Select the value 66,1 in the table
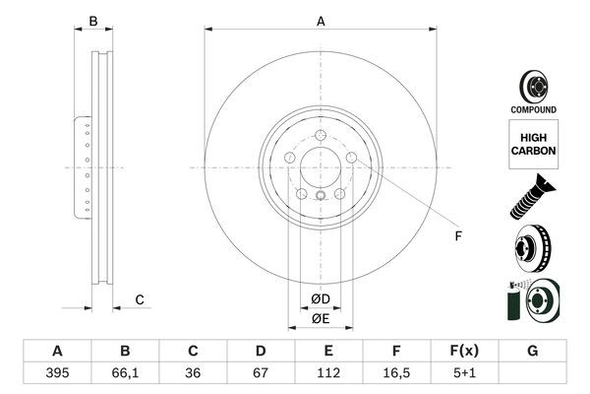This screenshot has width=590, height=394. tap(125, 373)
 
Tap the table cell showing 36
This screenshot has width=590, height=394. tap(193, 373)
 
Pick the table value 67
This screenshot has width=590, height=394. tap(261, 373)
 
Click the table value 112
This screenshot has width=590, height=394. tap(328, 373)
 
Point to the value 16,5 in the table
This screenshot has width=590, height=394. tap(396, 373)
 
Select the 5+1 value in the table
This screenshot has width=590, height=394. tap(464, 373)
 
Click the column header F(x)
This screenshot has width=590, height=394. tap(464, 351)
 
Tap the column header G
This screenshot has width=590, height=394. tap(532, 351)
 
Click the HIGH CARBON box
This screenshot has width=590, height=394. tap(533, 143)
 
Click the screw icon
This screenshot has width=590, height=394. tap(532, 195)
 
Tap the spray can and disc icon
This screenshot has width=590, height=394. tap(532, 300)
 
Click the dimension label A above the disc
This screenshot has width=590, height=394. tap(321, 21)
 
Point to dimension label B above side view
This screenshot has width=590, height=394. tap(93, 21)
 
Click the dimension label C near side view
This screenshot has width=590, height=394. tap(140, 299)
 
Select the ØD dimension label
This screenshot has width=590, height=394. tap(321, 298)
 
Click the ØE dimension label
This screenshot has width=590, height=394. tap(321, 318)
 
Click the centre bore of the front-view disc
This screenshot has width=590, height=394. tap(321, 167)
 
